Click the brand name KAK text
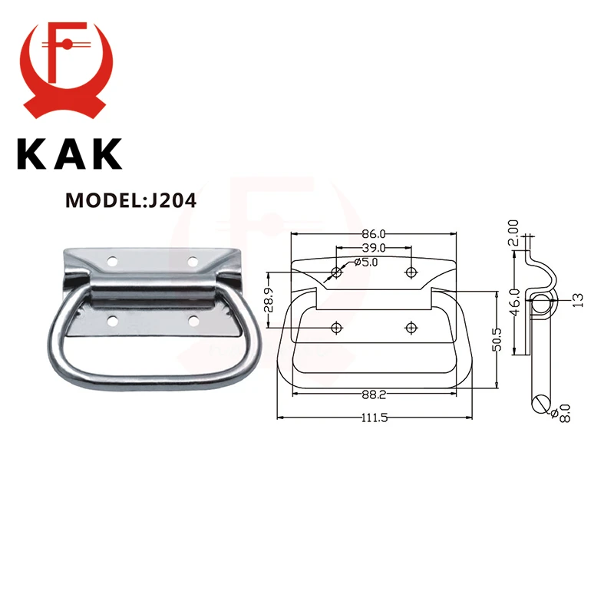(70, 153)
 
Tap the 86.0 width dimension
(373, 233)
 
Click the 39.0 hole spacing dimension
(374, 247)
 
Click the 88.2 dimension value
(373, 396)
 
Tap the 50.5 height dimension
(497, 338)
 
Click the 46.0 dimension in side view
(516, 295)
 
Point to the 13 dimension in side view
(577, 299)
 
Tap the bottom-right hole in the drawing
(411, 328)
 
